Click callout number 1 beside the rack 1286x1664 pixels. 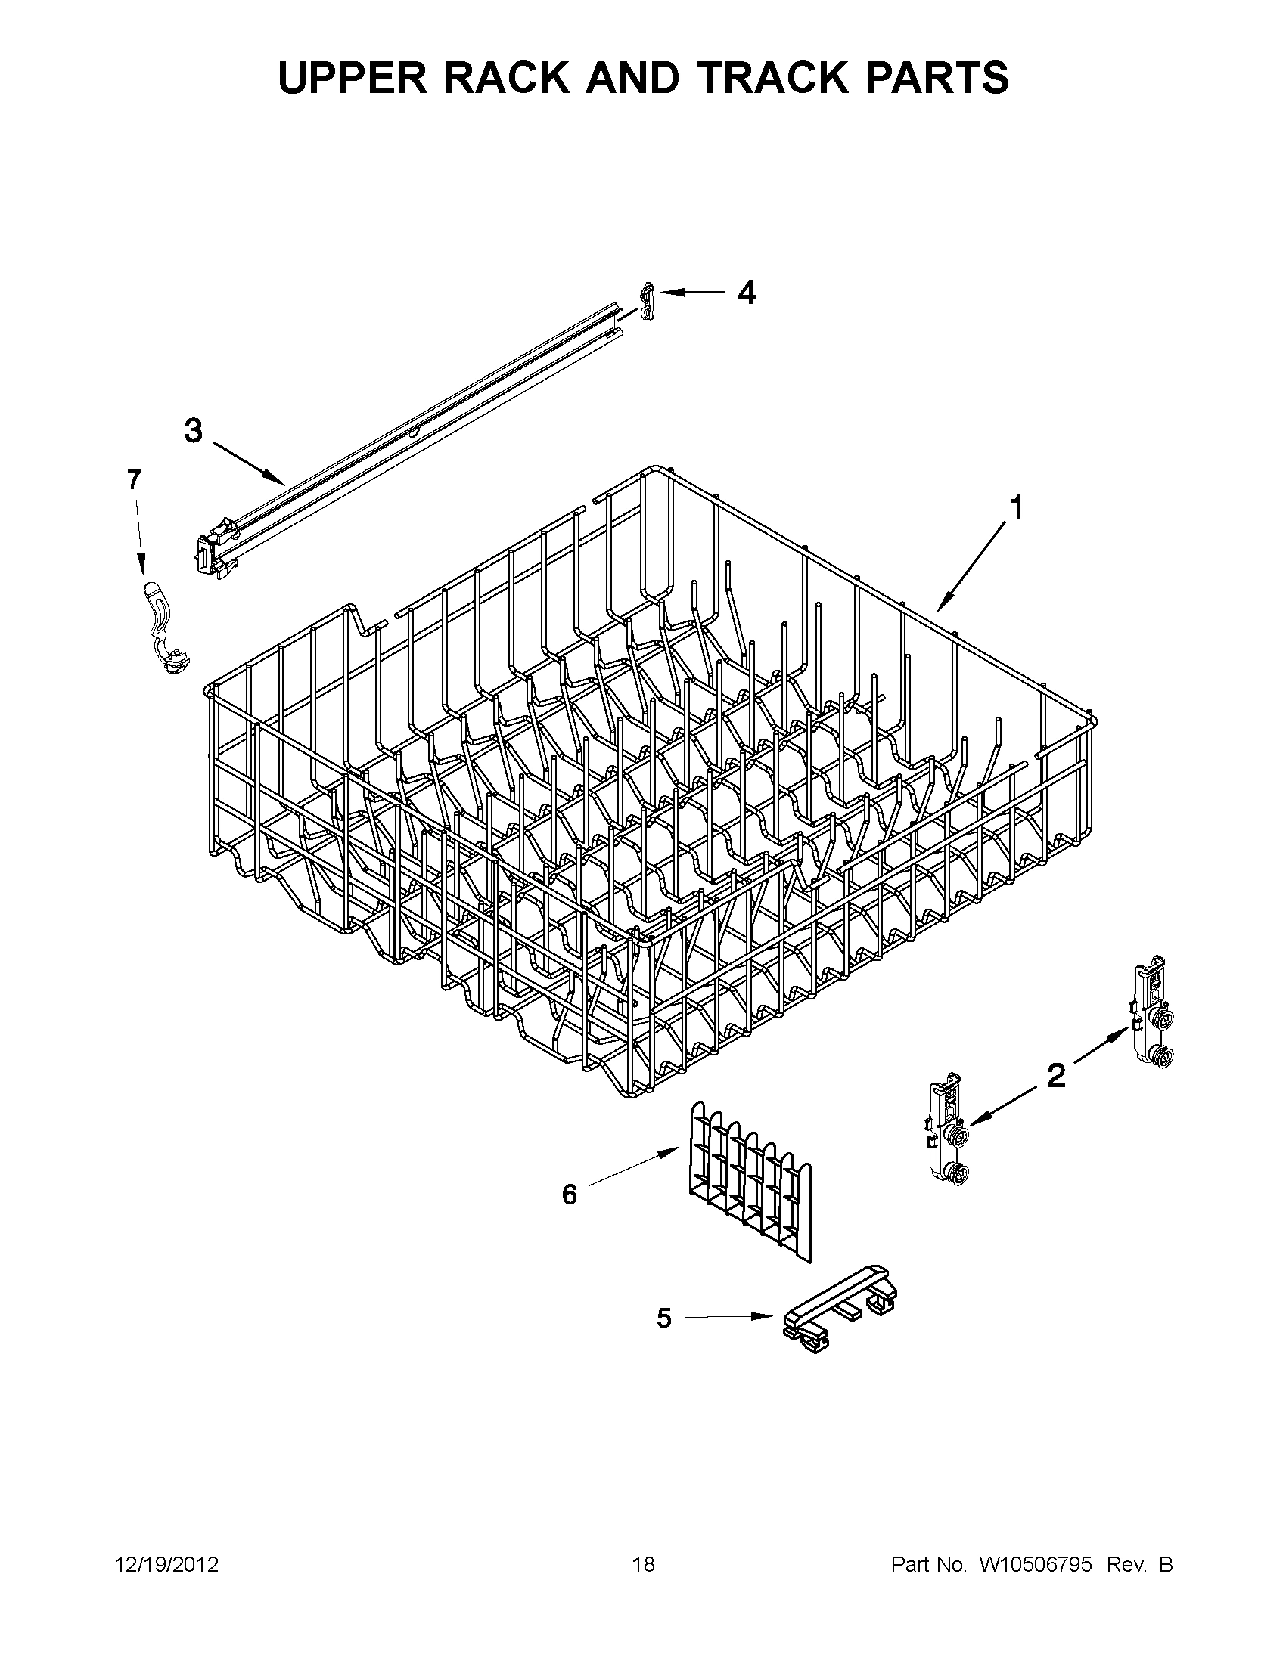click(x=1015, y=508)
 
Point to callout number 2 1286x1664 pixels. click(x=1056, y=1076)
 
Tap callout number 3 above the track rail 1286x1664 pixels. click(x=194, y=431)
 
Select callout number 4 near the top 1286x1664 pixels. click(x=747, y=293)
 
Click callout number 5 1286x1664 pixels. click(x=664, y=1317)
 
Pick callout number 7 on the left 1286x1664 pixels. click(x=133, y=480)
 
